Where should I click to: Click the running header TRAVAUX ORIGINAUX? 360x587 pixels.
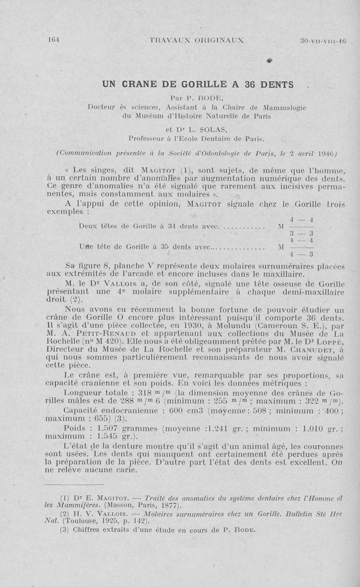pos(196,40)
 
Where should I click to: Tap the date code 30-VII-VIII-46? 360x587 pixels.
pos(323,40)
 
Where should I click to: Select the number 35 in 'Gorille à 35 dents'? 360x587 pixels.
pos(164,246)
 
